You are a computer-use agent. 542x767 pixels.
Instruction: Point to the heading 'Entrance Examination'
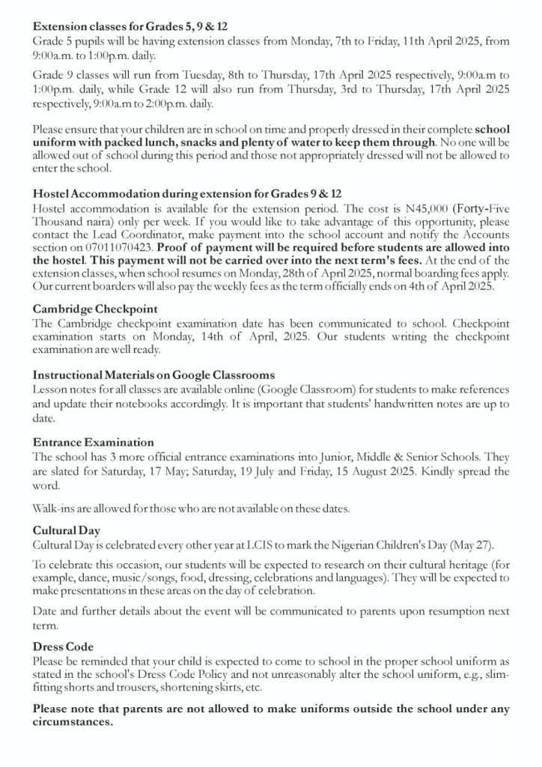pyautogui.click(x=94, y=442)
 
